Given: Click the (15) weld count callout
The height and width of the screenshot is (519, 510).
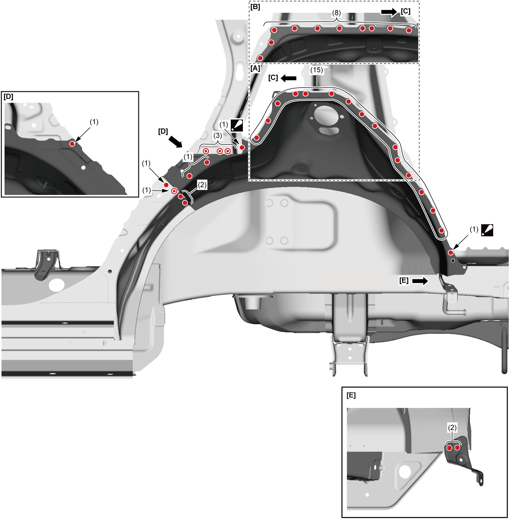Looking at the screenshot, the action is pyautogui.click(x=316, y=70).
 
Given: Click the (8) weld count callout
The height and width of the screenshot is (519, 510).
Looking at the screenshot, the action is pyautogui.click(x=336, y=13).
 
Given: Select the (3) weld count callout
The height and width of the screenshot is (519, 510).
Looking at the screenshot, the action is pyautogui.click(x=218, y=136).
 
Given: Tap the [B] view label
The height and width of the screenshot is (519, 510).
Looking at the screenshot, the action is pyautogui.click(x=255, y=7).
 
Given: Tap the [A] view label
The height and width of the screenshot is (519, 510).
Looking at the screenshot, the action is pyautogui.click(x=255, y=68).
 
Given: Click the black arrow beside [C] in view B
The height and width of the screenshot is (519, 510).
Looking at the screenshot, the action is pyautogui.click(x=389, y=12).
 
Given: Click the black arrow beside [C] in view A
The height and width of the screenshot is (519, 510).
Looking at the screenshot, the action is pyautogui.click(x=289, y=78).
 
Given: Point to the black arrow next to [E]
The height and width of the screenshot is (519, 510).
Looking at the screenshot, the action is pyautogui.click(x=420, y=281).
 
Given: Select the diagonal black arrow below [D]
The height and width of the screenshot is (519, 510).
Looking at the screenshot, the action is pyautogui.click(x=175, y=141).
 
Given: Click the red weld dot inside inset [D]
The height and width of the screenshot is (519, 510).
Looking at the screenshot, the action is pyautogui.click(x=72, y=144).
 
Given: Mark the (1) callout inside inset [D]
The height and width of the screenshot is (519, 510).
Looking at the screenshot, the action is pyautogui.click(x=94, y=122).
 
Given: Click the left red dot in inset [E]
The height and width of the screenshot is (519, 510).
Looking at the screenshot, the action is pyautogui.click(x=450, y=448).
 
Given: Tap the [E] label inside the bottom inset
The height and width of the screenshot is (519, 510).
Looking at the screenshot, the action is pyautogui.click(x=351, y=395).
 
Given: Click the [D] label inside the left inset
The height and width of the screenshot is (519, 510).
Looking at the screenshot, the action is pyautogui.click(x=9, y=97).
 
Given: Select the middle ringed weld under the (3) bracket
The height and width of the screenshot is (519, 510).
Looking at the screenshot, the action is pyautogui.click(x=220, y=151).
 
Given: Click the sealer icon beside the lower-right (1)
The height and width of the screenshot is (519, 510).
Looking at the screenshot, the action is pyautogui.click(x=487, y=230).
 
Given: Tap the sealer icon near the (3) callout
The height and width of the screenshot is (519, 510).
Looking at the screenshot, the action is pyautogui.click(x=237, y=125).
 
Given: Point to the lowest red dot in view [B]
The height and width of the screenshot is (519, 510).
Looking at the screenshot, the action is pyautogui.click(x=260, y=58).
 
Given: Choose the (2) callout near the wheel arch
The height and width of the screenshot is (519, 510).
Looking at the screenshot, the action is pyautogui.click(x=202, y=185).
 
